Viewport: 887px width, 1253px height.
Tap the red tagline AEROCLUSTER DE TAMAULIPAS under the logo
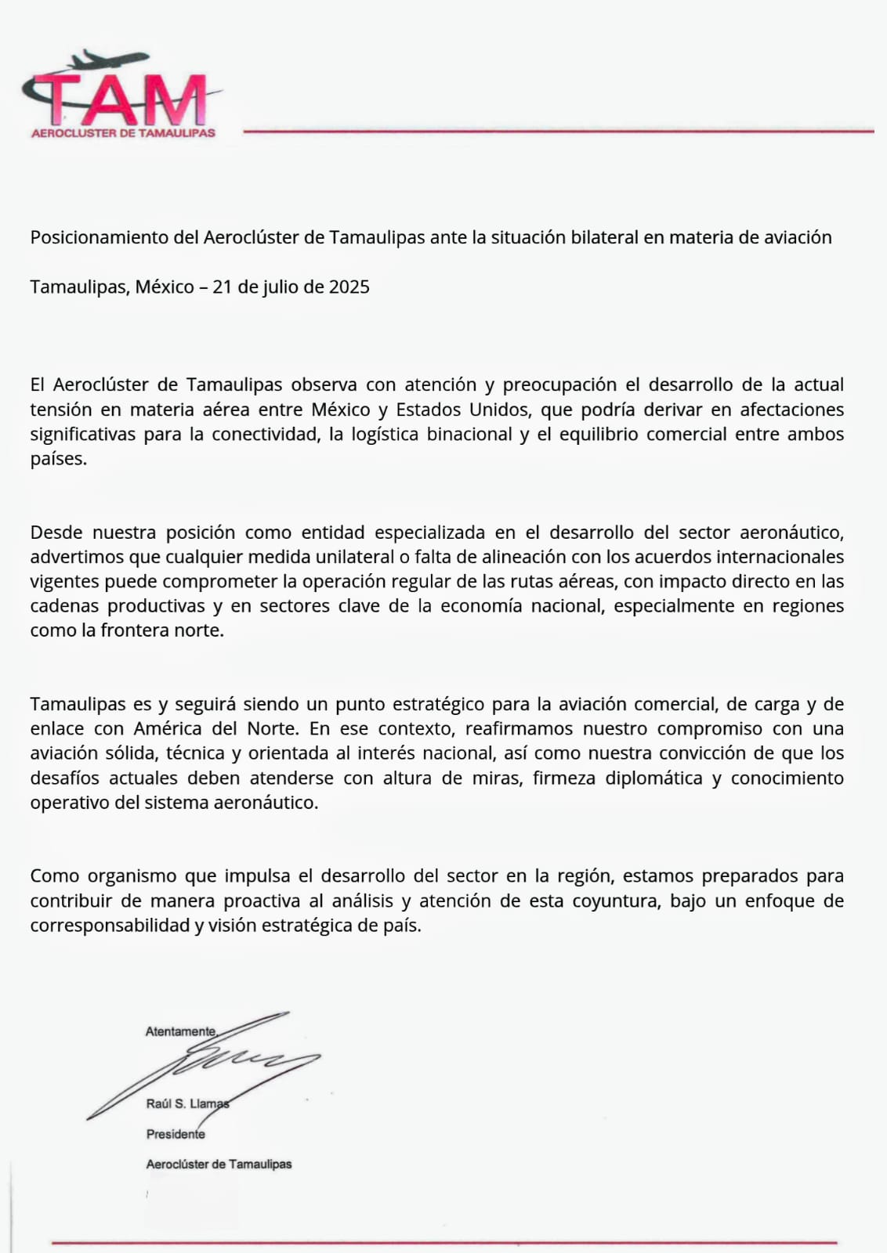coord(123,133)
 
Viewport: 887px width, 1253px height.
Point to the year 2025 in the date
coord(349,287)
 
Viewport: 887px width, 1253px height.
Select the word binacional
coord(469,434)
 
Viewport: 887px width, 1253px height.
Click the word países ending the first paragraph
coord(58,459)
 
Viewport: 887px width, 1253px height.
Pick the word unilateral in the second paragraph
coord(354,557)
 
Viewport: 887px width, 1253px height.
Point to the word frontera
coord(137,630)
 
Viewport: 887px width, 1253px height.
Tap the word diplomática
coord(653,778)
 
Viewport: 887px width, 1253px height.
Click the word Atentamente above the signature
coord(181,1031)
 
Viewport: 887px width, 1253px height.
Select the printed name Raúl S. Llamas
coord(187,1103)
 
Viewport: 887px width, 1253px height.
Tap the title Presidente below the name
coord(176,1134)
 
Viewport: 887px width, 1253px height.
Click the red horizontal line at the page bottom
coord(443,1242)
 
